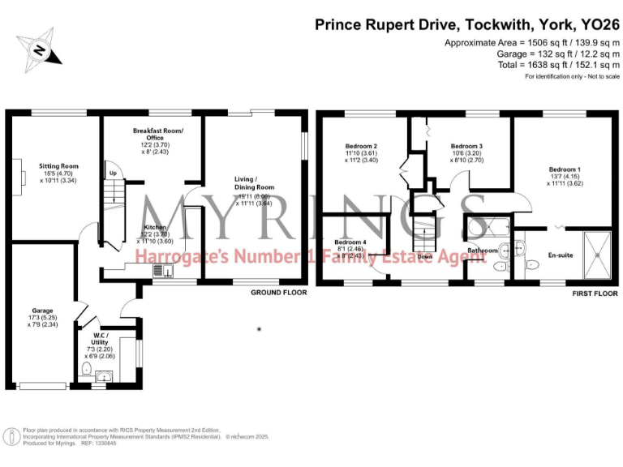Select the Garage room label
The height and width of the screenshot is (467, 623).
click(x=42, y=310)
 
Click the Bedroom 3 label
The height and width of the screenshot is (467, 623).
click(x=466, y=147)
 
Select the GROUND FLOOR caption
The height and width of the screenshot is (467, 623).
click(x=278, y=293)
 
